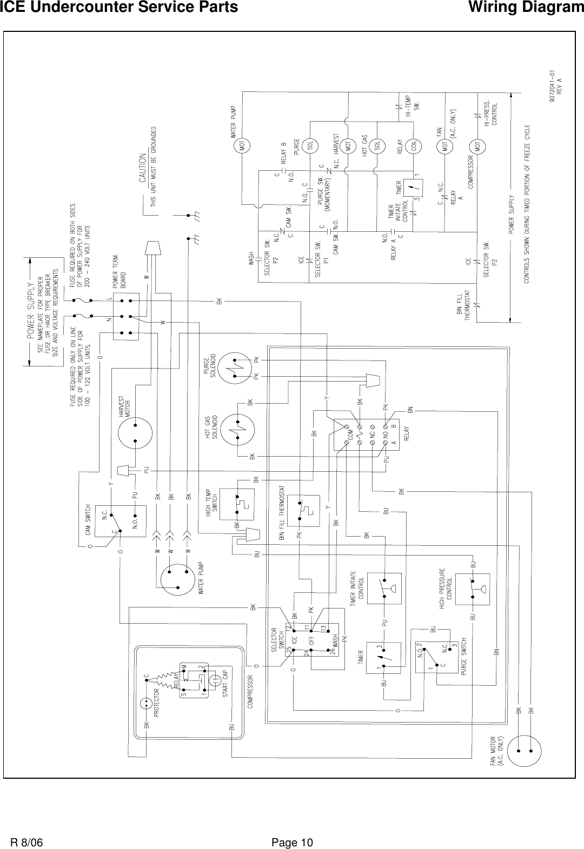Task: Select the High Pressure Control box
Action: click(473, 589)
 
